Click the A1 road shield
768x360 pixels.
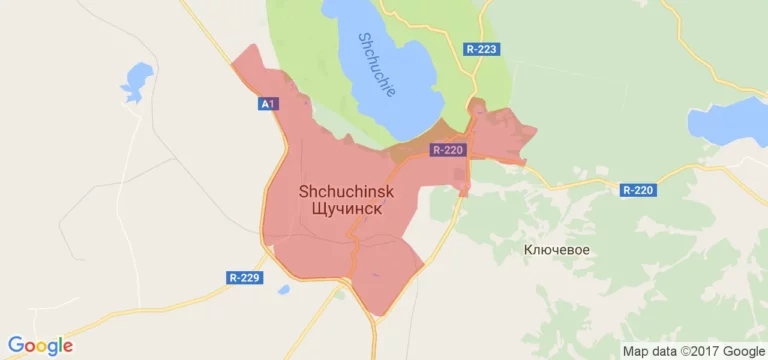(267, 103)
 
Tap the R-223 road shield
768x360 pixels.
(481, 48)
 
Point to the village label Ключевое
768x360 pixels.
(556, 249)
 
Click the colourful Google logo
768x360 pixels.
(40, 345)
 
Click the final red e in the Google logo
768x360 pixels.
(67, 347)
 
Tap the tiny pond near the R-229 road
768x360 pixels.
(284, 290)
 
